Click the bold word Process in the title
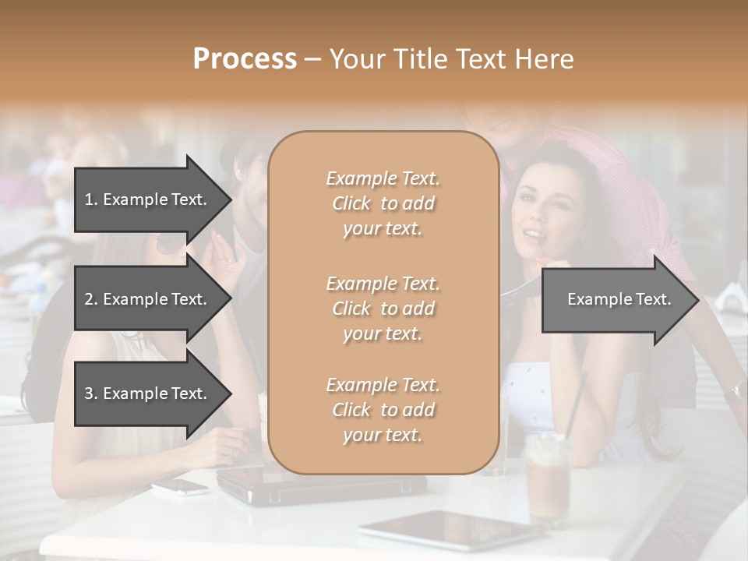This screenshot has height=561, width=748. (245, 59)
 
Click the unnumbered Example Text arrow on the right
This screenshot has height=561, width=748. (619, 299)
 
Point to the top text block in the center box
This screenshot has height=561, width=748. (383, 203)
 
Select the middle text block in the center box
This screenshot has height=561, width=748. (383, 309)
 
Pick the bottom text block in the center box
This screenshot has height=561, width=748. (383, 410)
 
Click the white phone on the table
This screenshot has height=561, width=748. (179, 487)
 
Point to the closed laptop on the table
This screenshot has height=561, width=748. (319, 487)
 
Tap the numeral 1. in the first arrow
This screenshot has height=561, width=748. (91, 199)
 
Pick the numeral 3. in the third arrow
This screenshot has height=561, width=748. (91, 393)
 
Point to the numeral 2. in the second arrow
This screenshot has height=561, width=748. (91, 299)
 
